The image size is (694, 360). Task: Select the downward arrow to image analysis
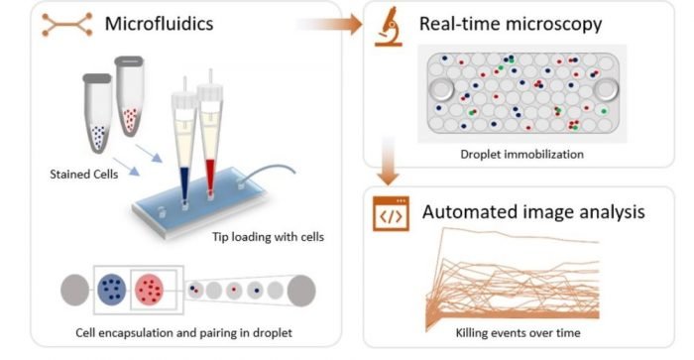(389, 175)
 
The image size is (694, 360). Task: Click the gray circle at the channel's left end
(75, 292)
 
